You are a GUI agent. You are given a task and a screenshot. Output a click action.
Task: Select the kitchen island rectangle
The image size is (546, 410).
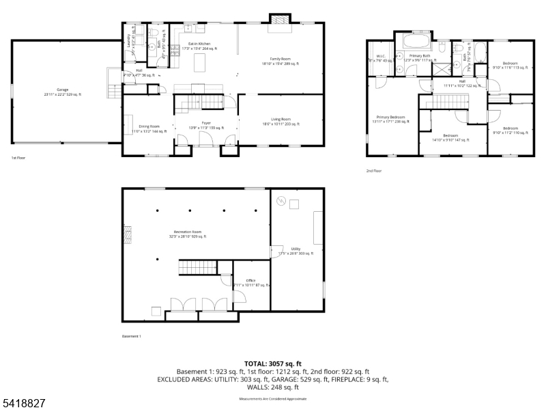(201, 64)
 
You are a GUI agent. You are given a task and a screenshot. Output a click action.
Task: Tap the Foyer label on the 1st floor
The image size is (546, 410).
(206, 125)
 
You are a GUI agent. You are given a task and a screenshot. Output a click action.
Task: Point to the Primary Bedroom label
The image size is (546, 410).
(391, 119)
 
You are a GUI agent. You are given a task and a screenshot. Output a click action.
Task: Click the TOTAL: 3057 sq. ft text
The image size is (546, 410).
(272, 364)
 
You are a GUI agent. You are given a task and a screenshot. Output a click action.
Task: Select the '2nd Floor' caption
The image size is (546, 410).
(374, 171)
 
